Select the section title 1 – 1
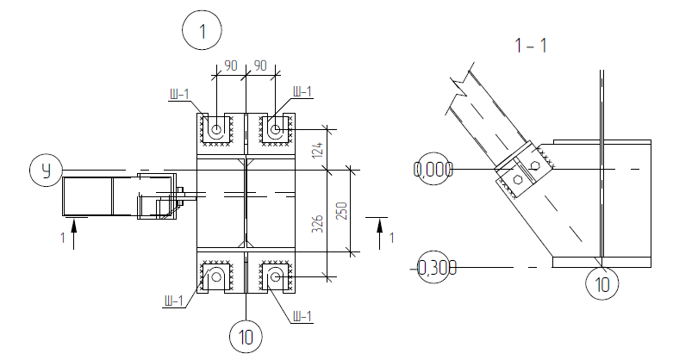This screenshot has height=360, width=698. [x=531, y=46]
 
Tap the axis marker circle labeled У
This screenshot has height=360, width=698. [x=47, y=170]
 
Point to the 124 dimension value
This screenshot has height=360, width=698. [x=317, y=150]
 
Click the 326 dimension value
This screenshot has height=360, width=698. [x=317, y=223]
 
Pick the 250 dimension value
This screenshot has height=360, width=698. [x=341, y=210]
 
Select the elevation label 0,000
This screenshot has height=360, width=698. [x=433, y=170]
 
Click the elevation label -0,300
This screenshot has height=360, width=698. [x=433, y=268]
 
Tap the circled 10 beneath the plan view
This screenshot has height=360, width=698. [x=246, y=337]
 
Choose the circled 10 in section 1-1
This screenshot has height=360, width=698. [x=601, y=283]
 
